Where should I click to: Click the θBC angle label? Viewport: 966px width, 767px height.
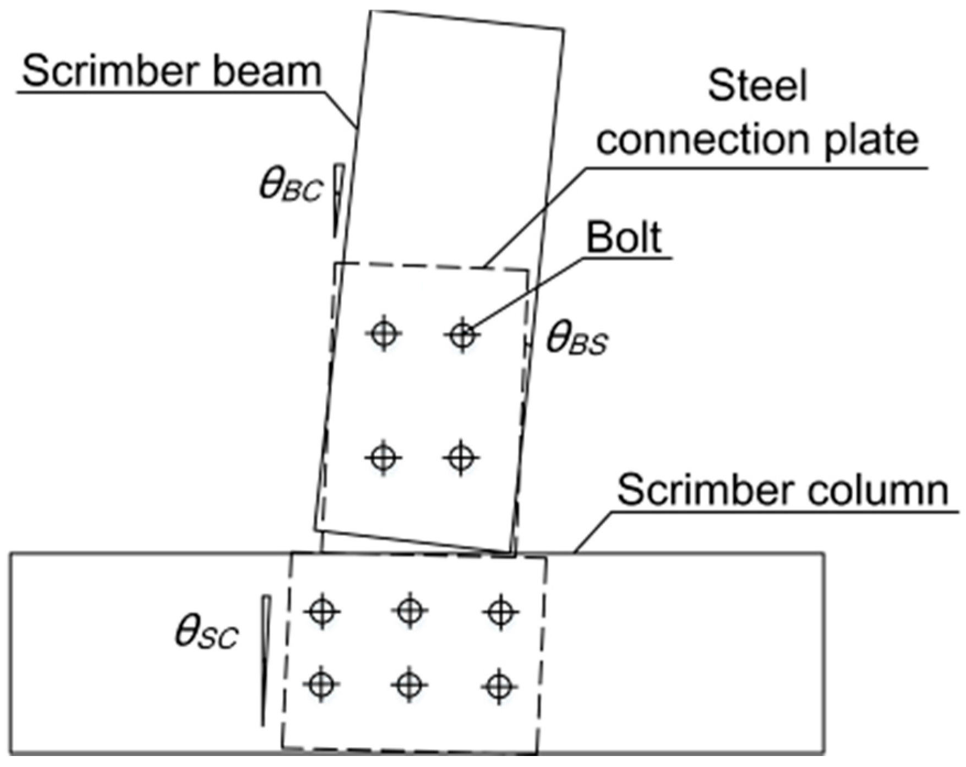[290, 187]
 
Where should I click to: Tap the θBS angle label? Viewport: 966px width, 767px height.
[576, 339]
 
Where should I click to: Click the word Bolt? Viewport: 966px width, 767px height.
[624, 238]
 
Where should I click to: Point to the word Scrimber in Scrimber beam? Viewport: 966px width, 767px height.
[112, 72]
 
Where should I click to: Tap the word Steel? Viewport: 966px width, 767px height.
[757, 86]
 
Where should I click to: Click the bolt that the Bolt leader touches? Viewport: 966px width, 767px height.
[462, 334]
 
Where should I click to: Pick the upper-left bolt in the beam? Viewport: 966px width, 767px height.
[384, 333]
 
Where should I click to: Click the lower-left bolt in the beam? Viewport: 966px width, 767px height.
[383, 457]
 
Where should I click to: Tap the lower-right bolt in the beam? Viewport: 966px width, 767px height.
[461, 457]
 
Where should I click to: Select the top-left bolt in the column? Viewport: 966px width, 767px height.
[322, 611]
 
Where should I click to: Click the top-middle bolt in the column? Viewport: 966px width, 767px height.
[410, 610]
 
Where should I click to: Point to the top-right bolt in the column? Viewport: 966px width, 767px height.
[500, 611]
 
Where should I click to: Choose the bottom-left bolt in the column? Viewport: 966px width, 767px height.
[321, 684]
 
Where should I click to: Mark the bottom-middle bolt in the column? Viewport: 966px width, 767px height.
[409, 685]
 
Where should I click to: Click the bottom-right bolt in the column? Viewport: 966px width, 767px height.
[499, 686]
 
